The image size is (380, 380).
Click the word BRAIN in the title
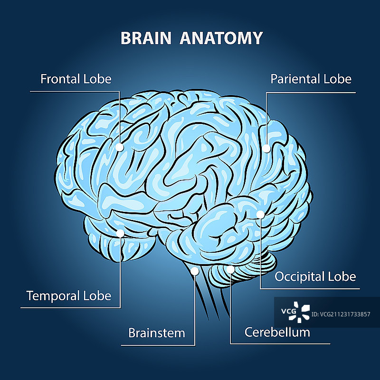pos(146,38)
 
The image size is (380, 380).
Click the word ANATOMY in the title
pos(221,38)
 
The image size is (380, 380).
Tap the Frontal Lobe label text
pos(76,78)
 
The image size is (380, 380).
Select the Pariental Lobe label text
pos(311,79)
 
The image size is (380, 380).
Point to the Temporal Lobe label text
pos(68,296)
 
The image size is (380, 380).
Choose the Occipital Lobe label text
pos(315,276)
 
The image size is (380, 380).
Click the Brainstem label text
pos(156,332)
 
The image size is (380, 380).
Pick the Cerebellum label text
pos(277,332)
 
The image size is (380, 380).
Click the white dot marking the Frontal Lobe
pos(120,148)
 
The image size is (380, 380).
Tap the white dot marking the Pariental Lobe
pos(266,149)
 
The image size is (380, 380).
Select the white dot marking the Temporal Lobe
pos(120,233)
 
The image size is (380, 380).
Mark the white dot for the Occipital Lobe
pos(260,215)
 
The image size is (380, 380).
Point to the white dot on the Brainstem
pos(195,271)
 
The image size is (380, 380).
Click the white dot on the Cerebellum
pos(230,270)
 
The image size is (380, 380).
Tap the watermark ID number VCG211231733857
pos(342,314)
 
